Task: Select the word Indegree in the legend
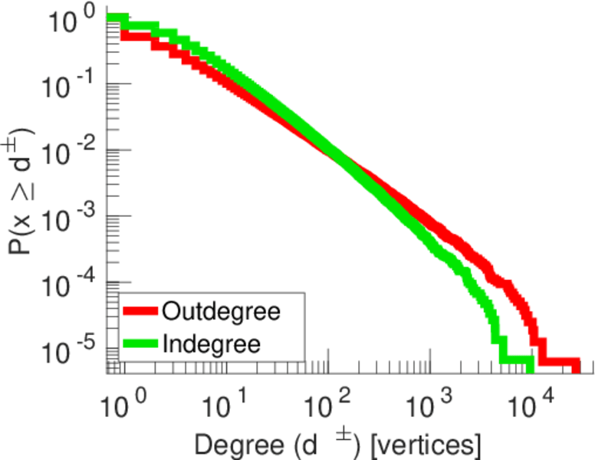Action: click(211, 343)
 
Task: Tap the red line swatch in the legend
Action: click(140, 311)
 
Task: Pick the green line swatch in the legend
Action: click(140, 343)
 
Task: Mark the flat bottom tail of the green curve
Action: click(516, 360)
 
